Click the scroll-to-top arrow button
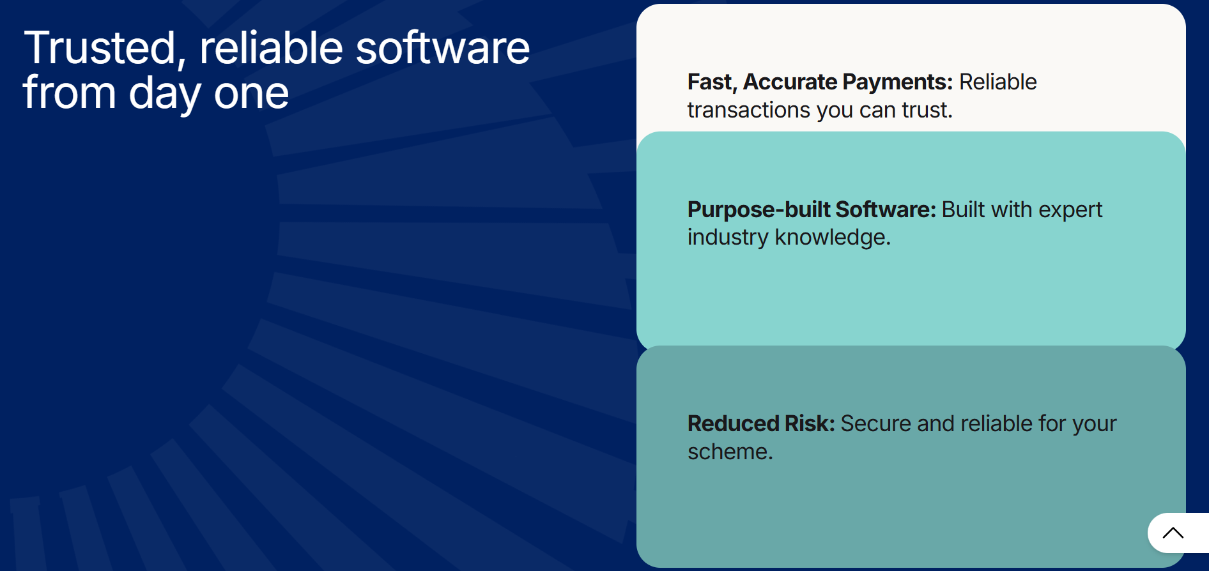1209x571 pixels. pos(1173,533)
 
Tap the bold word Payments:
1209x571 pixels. pos(898,82)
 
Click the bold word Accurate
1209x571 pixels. pos(790,82)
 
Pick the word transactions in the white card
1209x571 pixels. pos(749,110)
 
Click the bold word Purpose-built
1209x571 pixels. pos(759,209)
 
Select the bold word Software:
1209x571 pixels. pos(886,209)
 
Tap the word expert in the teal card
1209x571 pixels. pos(1071,210)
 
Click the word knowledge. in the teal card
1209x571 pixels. pos(833,238)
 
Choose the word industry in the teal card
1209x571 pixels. pos(728,238)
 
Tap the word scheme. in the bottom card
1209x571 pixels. pos(730,452)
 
